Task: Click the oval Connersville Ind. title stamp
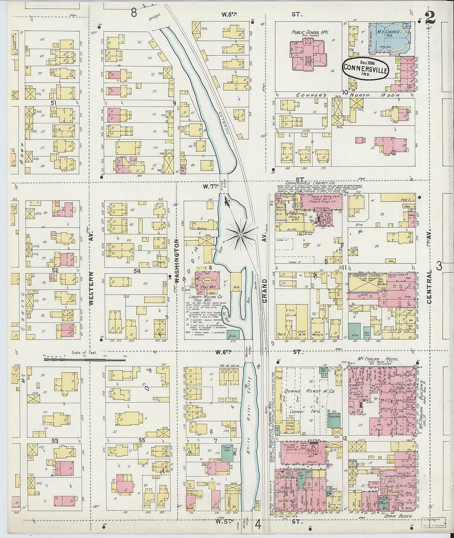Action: coord(365,68)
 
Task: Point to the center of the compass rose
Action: coord(240,235)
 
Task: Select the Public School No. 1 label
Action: coord(310,32)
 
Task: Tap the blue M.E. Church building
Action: coord(388,39)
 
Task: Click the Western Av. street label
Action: coord(91,288)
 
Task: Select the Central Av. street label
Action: coord(429,287)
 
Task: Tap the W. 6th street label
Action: coord(222,352)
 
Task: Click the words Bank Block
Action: coord(396,516)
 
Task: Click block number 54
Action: coord(137,271)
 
